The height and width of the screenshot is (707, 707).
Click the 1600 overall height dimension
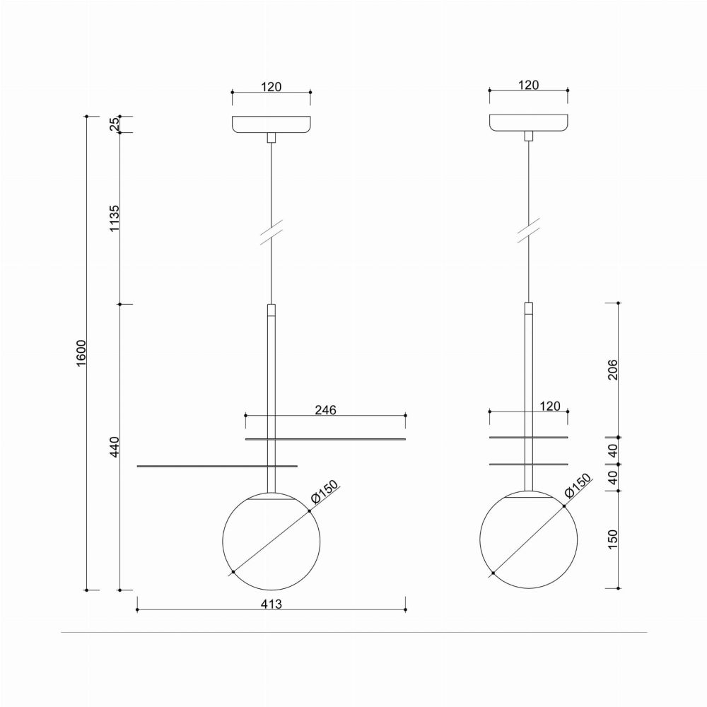(81, 352)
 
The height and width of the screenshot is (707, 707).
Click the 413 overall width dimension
(271, 604)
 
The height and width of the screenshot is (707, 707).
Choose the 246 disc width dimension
(325, 410)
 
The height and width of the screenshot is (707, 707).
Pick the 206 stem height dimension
(613, 370)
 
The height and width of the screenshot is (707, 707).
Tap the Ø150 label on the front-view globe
(325, 492)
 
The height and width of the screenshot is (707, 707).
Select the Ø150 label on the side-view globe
(582, 489)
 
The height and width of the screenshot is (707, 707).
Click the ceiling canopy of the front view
(271, 124)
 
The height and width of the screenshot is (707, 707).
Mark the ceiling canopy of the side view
(529, 124)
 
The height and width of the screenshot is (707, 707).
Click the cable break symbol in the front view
(271, 232)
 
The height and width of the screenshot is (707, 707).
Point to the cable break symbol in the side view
(528, 232)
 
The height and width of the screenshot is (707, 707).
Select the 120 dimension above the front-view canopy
(271, 87)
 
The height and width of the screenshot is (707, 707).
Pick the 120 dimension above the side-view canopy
(529, 86)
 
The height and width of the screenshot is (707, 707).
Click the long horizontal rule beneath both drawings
(353, 632)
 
